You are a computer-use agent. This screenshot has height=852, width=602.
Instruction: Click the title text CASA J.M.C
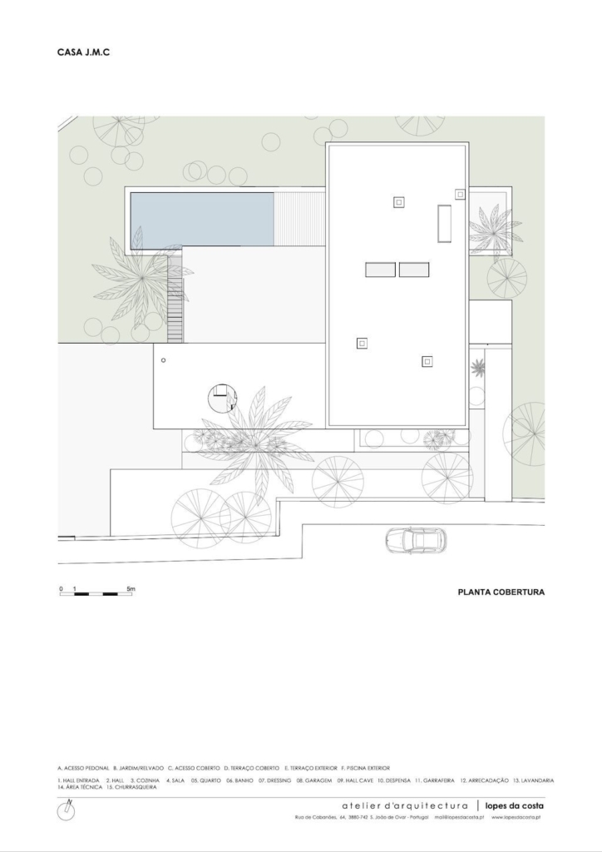click(x=84, y=52)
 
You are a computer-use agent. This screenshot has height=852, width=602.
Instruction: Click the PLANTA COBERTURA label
click(x=501, y=593)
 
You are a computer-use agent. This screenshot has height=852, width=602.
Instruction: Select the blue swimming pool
click(x=202, y=219)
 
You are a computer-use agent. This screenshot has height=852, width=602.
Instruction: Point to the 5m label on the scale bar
click(x=131, y=588)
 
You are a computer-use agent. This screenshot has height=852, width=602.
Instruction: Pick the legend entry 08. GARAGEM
click(x=314, y=780)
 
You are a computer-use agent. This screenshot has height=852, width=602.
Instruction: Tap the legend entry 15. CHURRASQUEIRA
click(x=132, y=787)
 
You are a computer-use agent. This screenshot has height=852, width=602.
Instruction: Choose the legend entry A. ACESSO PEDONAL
click(x=83, y=768)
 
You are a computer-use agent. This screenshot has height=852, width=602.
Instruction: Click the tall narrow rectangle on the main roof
click(x=444, y=223)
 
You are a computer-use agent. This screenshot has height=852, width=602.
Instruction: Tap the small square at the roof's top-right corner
click(x=459, y=194)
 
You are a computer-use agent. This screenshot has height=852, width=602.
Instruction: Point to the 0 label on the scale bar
click(x=61, y=588)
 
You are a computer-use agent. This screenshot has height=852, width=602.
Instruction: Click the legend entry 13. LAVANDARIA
click(x=533, y=780)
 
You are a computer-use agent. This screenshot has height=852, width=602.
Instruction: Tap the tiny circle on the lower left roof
click(x=164, y=360)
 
